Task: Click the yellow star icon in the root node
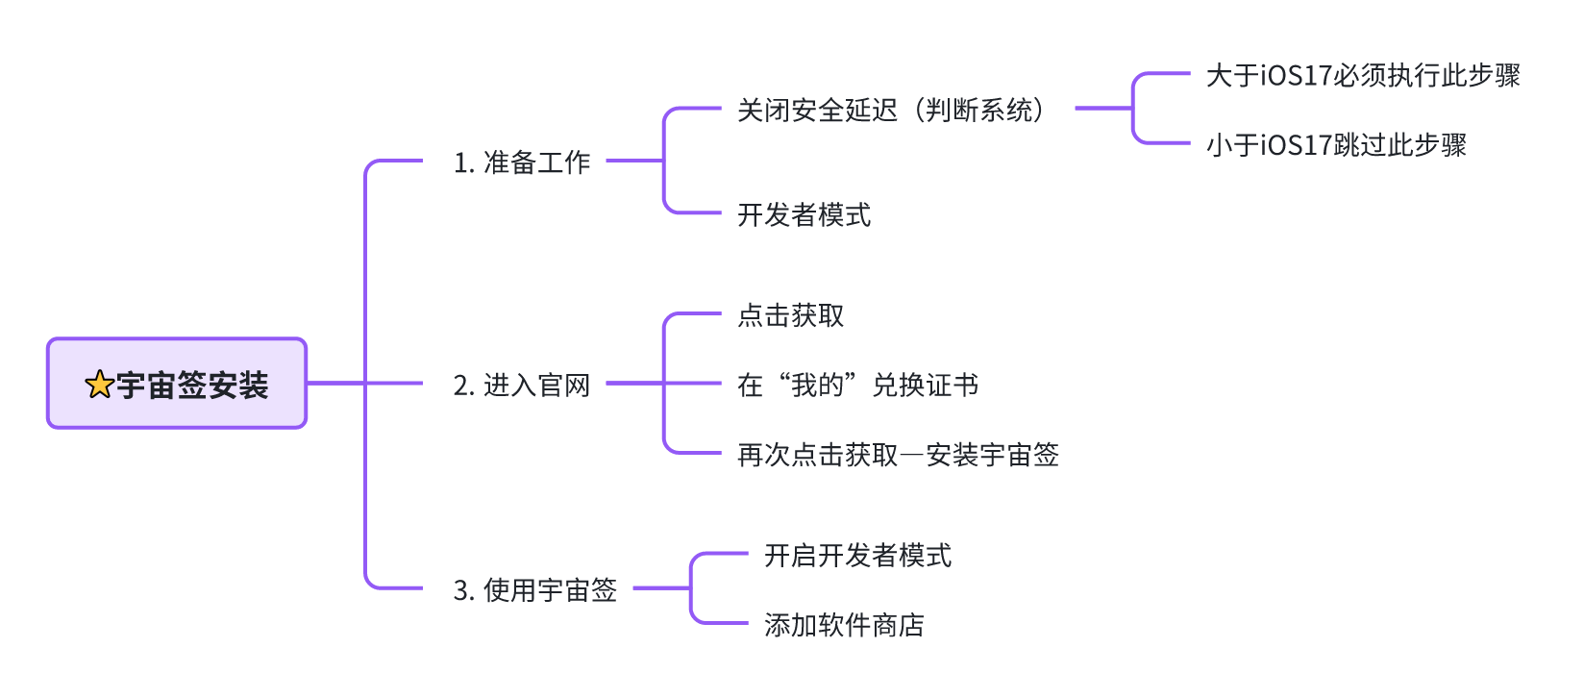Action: [x=99, y=386]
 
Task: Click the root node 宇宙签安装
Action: [x=177, y=384]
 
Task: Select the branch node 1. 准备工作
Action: [x=522, y=162]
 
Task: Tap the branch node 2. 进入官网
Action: [x=522, y=386]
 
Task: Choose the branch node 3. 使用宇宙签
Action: [x=535, y=590]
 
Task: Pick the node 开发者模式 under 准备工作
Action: [x=804, y=215]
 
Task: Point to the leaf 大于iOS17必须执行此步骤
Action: [x=1363, y=76]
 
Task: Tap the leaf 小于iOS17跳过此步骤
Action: [x=1336, y=146]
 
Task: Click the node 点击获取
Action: [x=790, y=315]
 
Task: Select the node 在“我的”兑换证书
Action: [x=857, y=386]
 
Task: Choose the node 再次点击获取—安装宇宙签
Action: [x=898, y=455]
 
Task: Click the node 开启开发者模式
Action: [x=857, y=556]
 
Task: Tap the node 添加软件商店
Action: [x=844, y=626]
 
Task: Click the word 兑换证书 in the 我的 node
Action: [x=925, y=386]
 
